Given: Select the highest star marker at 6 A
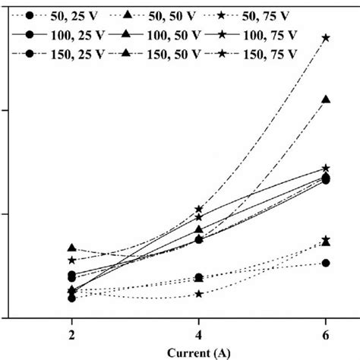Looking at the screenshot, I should [x=326, y=37].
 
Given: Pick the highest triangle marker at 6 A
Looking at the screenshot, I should [x=326, y=99].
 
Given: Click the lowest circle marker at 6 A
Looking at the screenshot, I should [x=326, y=263].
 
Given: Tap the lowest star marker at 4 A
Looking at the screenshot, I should [x=199, y=294].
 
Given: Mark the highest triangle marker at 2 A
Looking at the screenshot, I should [x=72, y=248].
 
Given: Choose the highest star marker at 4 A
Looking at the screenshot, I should [x=199, y=209].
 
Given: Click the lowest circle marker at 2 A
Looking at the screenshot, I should [x=72, y=298].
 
